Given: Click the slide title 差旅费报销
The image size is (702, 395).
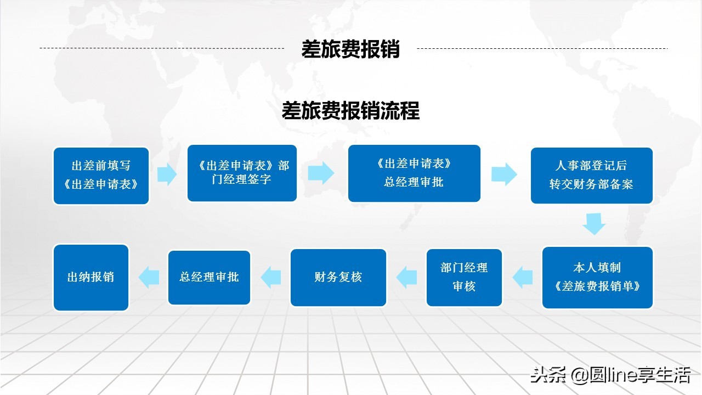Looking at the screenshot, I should point(350,49).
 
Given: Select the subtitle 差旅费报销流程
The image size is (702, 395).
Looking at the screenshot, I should point(350,111).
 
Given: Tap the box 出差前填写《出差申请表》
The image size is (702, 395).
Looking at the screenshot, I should point(101,176).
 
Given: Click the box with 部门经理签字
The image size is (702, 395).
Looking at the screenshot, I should point(242,173).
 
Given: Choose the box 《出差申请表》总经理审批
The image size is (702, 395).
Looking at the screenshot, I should point(414,173).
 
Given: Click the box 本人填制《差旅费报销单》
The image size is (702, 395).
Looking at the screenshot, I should point(597,277).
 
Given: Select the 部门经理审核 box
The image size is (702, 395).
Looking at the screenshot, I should point(464,277).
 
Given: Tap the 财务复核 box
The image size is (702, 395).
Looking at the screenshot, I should point(338,277).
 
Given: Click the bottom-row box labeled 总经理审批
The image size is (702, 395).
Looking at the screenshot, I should point(209,277).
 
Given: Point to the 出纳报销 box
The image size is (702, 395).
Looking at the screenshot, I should point(90,277).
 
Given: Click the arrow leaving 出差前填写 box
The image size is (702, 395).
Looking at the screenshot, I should point(167,174).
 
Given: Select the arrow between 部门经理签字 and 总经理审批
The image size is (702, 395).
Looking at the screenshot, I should point(321,173).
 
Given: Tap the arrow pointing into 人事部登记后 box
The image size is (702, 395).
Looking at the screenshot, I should point(504,174).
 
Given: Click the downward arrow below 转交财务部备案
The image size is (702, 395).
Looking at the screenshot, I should point(594,224).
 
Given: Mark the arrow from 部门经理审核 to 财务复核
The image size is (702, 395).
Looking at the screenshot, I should point(406,277).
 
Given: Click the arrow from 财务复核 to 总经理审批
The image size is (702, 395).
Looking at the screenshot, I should point(271,277).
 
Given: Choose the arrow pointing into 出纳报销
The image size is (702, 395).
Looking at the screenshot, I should point(149,277).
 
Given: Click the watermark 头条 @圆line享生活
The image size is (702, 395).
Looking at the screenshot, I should point(609,375).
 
